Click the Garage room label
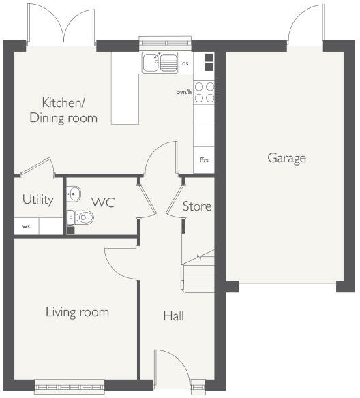(x=286, y=158)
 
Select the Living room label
(x=77, y=312)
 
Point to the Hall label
(x=173, y=316)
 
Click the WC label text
(x=103, y=202)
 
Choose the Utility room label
(x=38, y=200)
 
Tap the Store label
(x=197, y=206)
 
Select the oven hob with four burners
(x=204, y=92)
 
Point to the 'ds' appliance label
(x=185, y=63)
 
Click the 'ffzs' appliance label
(x=203, y=161)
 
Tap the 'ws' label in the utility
(x=26, y=226)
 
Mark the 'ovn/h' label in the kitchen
(x=183, y=91)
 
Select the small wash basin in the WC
(x=74, y=194)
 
